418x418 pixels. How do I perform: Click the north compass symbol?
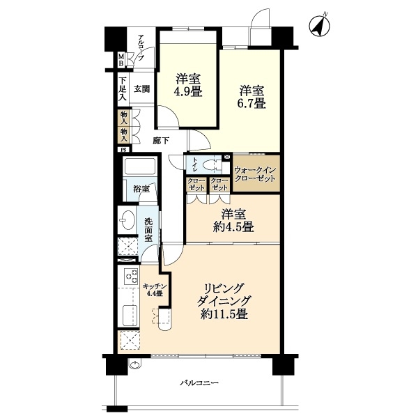(x=319, y=26)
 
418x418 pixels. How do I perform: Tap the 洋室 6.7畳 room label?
(x=251, y=97)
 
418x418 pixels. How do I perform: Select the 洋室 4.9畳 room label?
(x=188, y=85)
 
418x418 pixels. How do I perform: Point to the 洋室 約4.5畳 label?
(x=233, y=220)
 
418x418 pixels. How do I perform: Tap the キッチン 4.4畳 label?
(x=155, y=290)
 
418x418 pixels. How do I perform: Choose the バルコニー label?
(x=199, y=383)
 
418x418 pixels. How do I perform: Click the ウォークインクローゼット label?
(x=254, y=174)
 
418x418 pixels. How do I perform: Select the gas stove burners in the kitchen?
(x=131, y=277)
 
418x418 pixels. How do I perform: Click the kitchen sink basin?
(x=130, y=316)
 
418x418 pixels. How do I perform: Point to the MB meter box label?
(x=121, y=60)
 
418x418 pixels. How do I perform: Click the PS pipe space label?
(x=124, y=150)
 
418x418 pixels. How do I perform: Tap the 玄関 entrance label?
(x=141, y=88)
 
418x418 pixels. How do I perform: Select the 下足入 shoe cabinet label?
(x=123, y=88)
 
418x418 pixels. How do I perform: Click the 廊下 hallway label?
(x=161, y=141)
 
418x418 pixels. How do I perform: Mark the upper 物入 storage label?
(x=124, y=118)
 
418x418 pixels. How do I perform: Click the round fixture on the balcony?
(x=135, y=364)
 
